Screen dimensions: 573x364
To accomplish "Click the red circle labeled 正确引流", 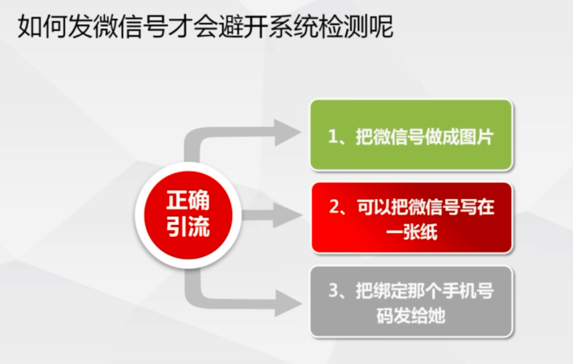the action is click(188, 215).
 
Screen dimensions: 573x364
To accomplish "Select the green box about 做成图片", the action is click(411, 135).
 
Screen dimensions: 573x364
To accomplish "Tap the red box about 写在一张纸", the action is click(411, 218).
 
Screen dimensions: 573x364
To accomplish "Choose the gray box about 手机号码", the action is click(411, 302).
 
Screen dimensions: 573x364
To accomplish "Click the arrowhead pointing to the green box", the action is click(288, 132).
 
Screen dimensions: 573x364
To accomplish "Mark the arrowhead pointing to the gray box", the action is click(288, 303).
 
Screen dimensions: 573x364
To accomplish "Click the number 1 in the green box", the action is click(332, 137).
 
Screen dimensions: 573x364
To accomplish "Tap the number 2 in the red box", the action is click(334, 207).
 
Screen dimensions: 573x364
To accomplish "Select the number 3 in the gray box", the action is click(334, 290).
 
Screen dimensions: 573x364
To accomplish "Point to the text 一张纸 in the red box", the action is click(411, 232).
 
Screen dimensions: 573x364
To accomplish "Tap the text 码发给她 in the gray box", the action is click(411, 315).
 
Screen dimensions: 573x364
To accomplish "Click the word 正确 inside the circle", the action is click(188, 200).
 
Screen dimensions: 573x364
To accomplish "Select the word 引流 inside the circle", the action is click(188, 227).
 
